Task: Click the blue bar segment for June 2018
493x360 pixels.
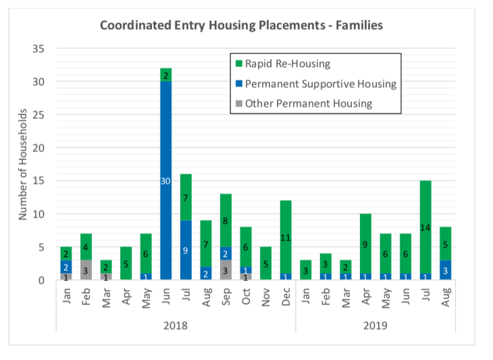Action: [x=165, y=180]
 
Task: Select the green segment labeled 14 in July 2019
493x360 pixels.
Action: [x=425, y=227]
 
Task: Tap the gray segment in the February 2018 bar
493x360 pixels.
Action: [x=86, y=269]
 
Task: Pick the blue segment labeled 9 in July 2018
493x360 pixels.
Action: [x=186, y=250]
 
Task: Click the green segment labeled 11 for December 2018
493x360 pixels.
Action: [x=286, y=237]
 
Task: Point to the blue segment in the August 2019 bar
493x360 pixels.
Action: [x=445, y=269]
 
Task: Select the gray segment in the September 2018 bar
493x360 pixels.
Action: [x=226, y=269]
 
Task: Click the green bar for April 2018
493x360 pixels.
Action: [x=126, y=263]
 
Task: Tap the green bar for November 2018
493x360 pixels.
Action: [x=265, y=263]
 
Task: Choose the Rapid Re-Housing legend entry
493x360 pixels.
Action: [x=283, y=63]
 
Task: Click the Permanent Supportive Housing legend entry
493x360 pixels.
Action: [x=316, y=84]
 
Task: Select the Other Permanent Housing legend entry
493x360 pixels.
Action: [x=304, y=103]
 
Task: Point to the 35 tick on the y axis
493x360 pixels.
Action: [x=38, y=49]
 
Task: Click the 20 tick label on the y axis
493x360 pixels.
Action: [x=38, y=148]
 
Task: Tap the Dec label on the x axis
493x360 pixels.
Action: [x=286, y=297]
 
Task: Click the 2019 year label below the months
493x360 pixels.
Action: [x=375, y=326]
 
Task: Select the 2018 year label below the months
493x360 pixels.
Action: [x=176, y=326]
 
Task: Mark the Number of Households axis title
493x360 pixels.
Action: [x=23, y=164]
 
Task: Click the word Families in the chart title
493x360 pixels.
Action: [x=359, y=25]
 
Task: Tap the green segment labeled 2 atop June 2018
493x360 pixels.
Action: [x=165, y=75]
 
